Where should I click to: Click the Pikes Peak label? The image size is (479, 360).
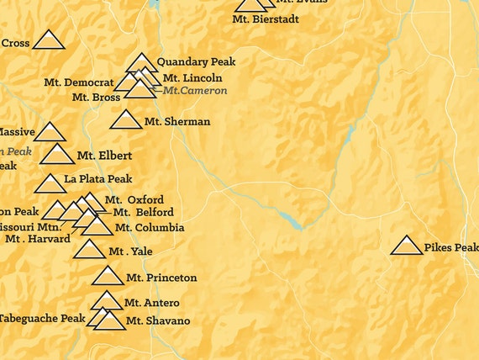451,247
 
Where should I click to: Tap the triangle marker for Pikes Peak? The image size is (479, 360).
408,246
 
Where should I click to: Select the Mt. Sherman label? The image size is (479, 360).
176,122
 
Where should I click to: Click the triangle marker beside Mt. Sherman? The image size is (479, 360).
126,120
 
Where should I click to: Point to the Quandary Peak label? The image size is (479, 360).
196,61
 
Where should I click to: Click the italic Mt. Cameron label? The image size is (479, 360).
195,91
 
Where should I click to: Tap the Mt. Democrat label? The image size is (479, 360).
78,82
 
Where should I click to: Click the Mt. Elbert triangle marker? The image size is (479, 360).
57,155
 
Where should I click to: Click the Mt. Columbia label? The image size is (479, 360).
150,227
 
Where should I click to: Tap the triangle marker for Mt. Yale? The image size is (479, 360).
89,250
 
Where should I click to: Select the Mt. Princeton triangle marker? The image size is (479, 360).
108,277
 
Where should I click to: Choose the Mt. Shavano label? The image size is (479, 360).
158,321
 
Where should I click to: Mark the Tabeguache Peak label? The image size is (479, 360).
42,318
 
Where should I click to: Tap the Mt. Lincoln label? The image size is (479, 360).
192,77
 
